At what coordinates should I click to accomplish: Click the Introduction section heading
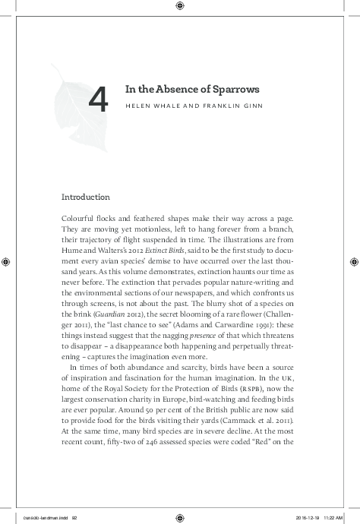tap(86, 197)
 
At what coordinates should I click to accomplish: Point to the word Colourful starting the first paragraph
tap(79, 218)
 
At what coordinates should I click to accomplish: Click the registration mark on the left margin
tap(6, 261)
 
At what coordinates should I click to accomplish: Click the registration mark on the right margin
tap(353, 261)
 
